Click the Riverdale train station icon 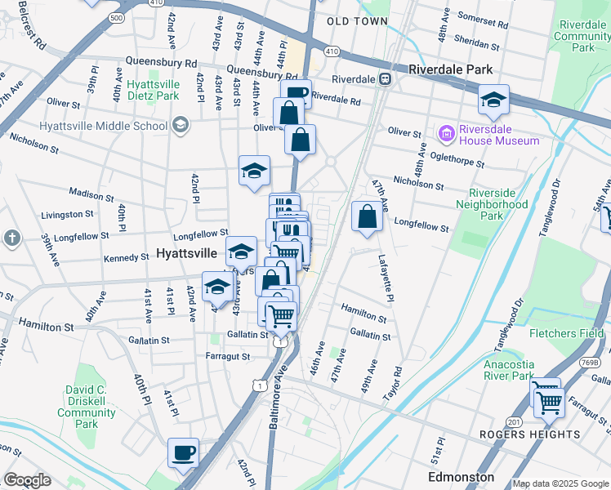point(384,79)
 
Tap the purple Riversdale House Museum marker point(446,132)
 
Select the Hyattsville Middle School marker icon point(180,126)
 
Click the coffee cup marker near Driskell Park point(183,452)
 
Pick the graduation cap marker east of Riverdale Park point(493,100)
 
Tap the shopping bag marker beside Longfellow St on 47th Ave point(368,217)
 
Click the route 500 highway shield point(117,16)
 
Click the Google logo point(26,480)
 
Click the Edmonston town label point(462,476)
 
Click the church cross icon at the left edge point(11,238)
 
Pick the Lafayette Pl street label point(386,278)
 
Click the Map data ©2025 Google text point(560,483)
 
